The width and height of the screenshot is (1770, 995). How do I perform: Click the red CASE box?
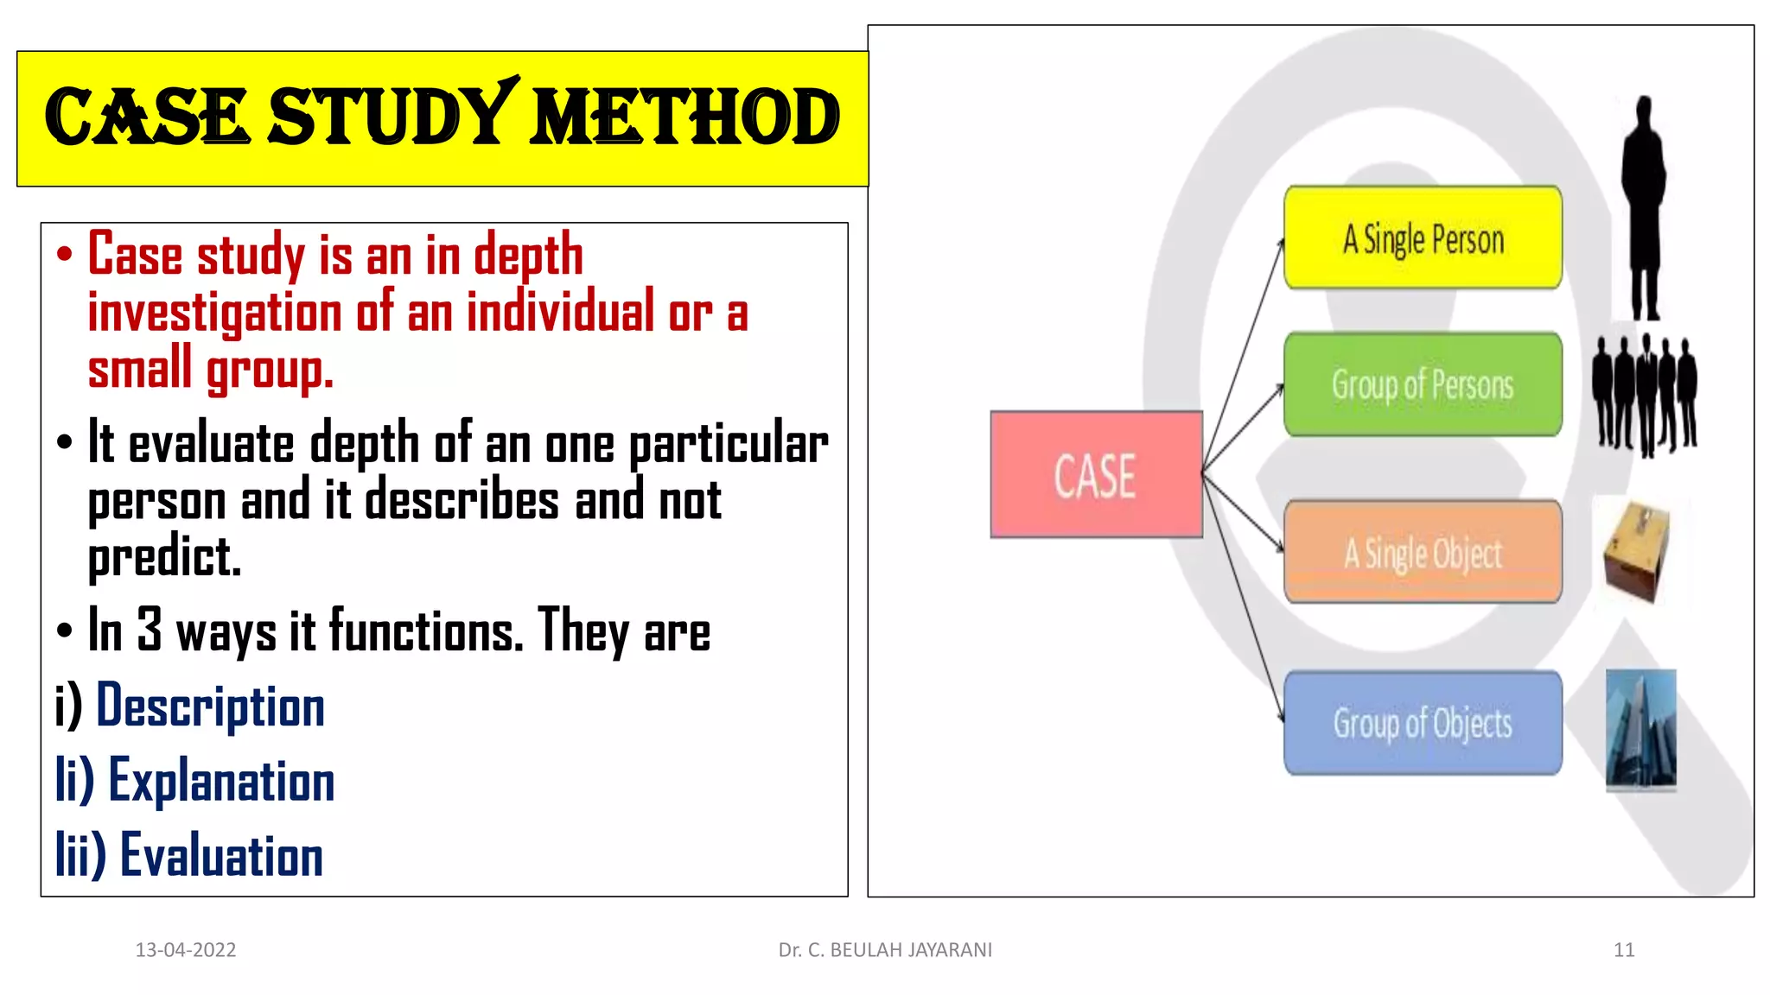point(1096,474)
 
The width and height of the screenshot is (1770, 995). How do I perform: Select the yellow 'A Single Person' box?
point(1423,238)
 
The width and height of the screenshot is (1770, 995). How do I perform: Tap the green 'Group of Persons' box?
point(1423,384)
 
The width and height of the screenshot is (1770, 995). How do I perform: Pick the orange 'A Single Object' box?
point(1423,552)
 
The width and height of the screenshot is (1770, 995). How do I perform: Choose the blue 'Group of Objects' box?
point(1423,723)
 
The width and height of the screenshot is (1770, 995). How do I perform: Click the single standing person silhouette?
point(1643,207)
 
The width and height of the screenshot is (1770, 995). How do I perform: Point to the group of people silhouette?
point(1645,395)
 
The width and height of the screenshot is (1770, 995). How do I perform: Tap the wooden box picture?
point(1636,551)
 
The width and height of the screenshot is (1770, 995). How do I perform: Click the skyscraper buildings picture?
point(1640,729)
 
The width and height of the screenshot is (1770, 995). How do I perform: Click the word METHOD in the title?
point(684,117)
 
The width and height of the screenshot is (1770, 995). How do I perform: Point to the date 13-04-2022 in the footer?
point(186,950)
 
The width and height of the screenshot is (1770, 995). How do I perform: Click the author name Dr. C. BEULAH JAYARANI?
point(885,950)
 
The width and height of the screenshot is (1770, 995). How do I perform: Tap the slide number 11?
point(1624,950)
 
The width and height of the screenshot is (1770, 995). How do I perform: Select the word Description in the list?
point(210,707)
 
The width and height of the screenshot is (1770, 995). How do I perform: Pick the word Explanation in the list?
point(221,781)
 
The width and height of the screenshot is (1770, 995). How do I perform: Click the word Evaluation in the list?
point(221,855)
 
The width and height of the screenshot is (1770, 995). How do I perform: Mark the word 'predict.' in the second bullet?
point(164,557)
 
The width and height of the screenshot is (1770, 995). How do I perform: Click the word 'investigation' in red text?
point(215,313)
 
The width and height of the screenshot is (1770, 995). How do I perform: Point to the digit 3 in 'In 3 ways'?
point(150,629)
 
